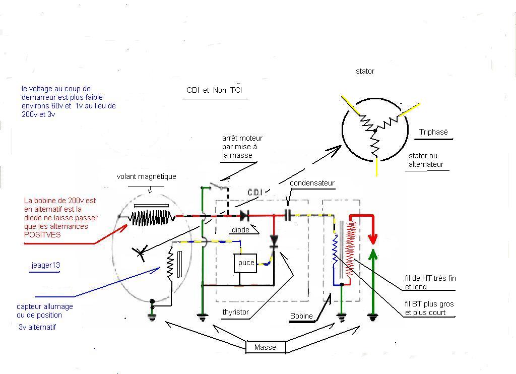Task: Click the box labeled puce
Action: point(246,263)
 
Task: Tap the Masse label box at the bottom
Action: point(266,347)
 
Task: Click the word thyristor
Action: point(236,312)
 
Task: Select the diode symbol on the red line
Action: point(245,216)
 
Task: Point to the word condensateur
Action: point(312,183)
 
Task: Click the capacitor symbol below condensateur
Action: point(288,216)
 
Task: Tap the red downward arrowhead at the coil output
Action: point(373,236)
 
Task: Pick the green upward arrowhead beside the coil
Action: point(373,252)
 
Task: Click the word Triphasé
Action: point(433,133)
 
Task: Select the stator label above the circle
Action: point(365,71)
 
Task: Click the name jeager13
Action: point(45,265)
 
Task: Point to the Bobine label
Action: point(301,316)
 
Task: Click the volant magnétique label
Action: point(147,176)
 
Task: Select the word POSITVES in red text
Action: point(42,235)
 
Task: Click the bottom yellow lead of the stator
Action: point(377,167)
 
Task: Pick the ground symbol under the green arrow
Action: point(373,318)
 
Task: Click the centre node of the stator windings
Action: point(374,131)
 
